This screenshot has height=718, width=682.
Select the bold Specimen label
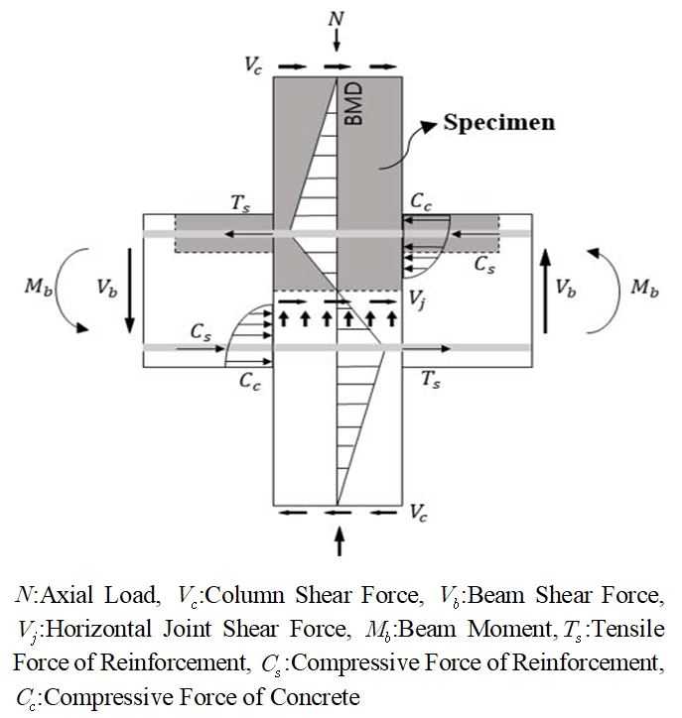click(x=499, y=124)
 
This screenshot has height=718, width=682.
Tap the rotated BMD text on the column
click(x=353, y=103)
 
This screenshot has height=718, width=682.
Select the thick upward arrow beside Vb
click(x=545, y=288)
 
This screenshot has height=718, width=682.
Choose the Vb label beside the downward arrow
click(x=107, y=289)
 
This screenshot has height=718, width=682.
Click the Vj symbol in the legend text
click(x=25, y=630)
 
